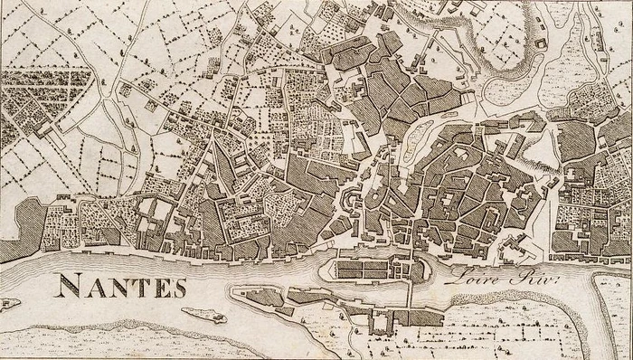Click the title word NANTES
click(x=122, y=287)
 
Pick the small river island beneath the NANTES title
click(x=203, y=315)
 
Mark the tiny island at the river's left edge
click(x=8, y=301)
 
